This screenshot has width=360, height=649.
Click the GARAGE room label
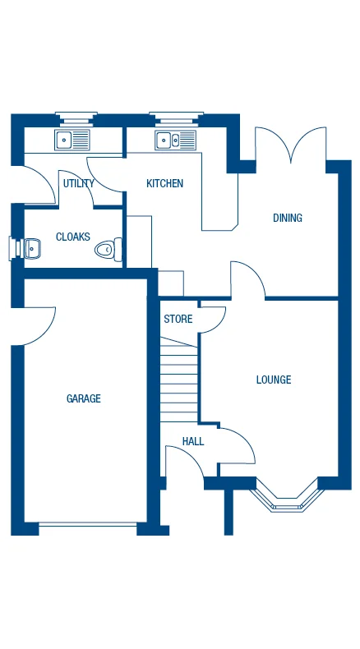click(x=84, y=398)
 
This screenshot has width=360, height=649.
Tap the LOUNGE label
click(x=274, y=380)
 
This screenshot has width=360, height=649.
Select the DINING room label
click(x=288, y=218)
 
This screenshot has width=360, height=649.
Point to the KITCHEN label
click(x=164, y=183)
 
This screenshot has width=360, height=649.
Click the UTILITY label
click(x=79, y=183)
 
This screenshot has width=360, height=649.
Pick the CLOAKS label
click(x=73, y=237)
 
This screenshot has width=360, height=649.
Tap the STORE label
click(x=178, y=319)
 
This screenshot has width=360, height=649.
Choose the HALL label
click(x=193, y=441)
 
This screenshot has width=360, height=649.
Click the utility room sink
click(x=73, y=140)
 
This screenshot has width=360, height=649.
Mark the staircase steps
click(x=179, y=382)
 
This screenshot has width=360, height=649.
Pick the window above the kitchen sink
click(x=175, y=115)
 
